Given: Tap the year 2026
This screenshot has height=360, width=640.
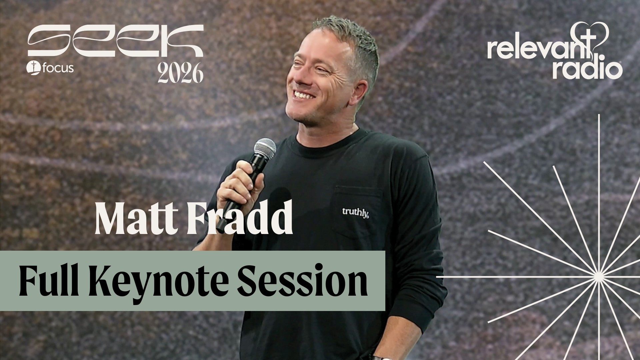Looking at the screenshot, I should click(x=180, y=73).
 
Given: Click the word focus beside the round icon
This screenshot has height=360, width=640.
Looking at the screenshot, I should click(x=58, y=69).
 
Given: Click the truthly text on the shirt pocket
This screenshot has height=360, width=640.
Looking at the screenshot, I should click(x=355, y=211).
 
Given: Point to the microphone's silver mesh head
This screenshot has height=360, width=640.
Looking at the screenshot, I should click(x=265, y=148).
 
